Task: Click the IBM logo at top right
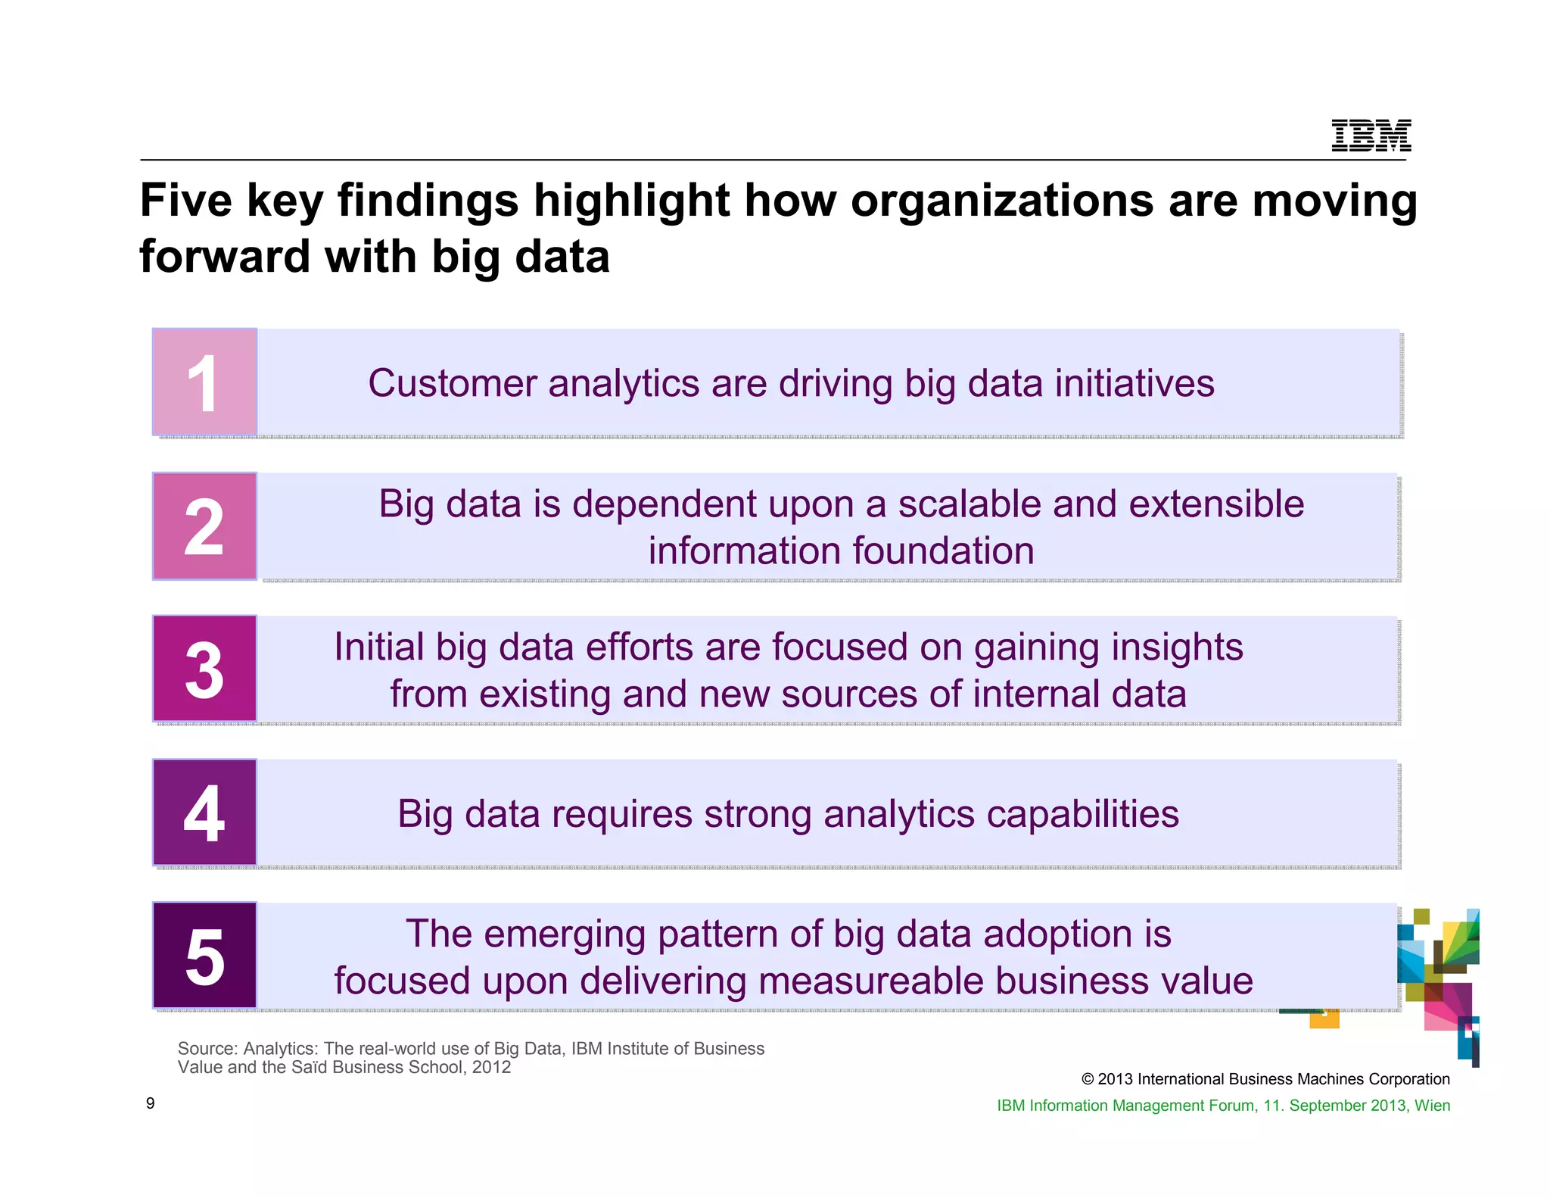point(1371,136)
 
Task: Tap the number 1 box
point(204,382)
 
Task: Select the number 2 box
point(204,526)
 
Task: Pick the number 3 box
point(204,669)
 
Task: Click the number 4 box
point(204,812)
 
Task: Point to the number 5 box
point(204,956)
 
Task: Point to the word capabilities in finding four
point(1082,815)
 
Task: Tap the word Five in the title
point(186,201)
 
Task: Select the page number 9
point(150,1103)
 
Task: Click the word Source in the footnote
point(207,1049)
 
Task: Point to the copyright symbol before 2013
point(1088,1080)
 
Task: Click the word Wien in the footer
point(1432,1106)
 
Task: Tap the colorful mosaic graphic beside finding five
point(1438,977)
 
